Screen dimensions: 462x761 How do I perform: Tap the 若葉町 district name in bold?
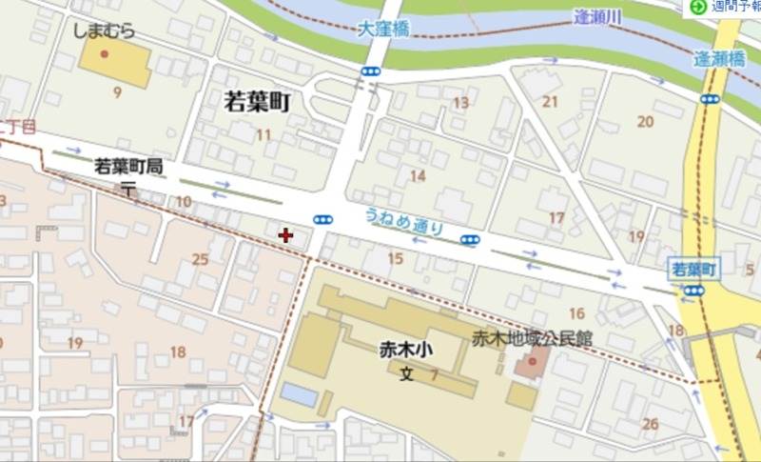coord(256,102)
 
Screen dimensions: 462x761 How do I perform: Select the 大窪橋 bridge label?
coord(384,30)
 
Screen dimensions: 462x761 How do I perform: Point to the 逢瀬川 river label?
coord(599,16)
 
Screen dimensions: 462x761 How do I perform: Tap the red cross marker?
coord(285,233)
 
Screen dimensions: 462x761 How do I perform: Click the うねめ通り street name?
coord(403,221)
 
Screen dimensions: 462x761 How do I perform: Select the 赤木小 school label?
coord(406,351)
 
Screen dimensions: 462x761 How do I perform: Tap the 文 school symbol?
coord(406,374)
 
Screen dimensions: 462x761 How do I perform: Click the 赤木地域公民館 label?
coord(533,337)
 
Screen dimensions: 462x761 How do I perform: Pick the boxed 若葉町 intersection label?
coord(693,269)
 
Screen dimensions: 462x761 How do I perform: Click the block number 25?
coord(200,259)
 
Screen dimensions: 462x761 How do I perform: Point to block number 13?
coord(461,103)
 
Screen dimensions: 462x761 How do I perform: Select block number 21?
coord(550,102)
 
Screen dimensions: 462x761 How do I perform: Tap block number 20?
coord(645,121)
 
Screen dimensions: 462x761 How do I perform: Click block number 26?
coord(651,424)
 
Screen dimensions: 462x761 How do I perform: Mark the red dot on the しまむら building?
coord(105,52)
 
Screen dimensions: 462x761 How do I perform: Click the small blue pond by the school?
coord(299,393)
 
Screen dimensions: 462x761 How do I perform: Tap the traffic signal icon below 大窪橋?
coord(370,71)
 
